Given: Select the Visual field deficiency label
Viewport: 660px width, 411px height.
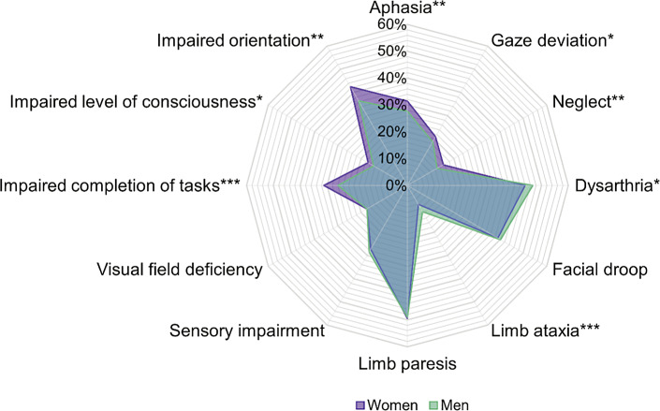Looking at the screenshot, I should pos(178,271).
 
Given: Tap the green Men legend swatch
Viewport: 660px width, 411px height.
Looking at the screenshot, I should pos(427,404).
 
